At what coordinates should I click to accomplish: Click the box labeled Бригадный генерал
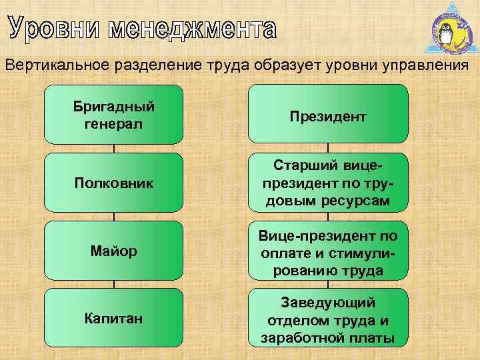coord(114,115)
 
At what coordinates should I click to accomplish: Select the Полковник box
coord(114,182)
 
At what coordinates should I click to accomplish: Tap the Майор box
coord(114,251)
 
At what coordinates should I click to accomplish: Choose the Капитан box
coord(114,318)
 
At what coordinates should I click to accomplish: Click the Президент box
coord(327,115)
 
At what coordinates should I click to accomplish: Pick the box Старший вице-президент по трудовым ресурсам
coord(327,182)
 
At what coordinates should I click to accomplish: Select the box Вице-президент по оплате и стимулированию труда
coord(327,251)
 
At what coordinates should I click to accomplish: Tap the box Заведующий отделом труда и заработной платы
coord(327,318)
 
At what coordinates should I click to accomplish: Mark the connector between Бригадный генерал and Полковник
coord(114,149)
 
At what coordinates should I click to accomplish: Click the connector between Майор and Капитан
coord(114,284)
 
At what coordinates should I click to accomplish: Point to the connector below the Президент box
coord(327,149)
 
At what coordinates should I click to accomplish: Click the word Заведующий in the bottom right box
coord(327,303)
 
